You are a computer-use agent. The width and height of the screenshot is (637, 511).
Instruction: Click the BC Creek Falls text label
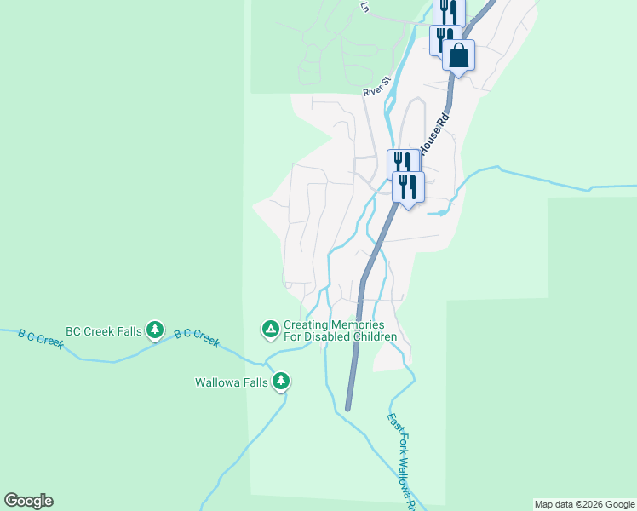pyautogui.click(x=104, y=330)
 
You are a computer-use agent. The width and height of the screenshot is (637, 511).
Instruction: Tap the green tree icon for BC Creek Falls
pyautogui.click(x=154, y=330)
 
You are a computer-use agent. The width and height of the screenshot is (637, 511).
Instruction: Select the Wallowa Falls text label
pyautogui.click(x=232, y=383)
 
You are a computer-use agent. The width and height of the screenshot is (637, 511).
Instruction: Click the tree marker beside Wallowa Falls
pyautogui.click(x=281, y=382)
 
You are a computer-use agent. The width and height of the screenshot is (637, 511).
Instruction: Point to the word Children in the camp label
pyautogui.click(x=370, y=336)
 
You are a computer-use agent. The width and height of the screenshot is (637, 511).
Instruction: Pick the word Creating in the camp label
pyautogui.click(x=304, y=325)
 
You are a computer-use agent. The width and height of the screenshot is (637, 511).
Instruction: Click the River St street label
pyautogui.click(x=376, y=86)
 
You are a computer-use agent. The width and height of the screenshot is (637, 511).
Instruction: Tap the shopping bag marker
pyautogui.click(x=458, y=56)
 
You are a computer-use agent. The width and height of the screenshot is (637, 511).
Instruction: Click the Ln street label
pyautogui.click(x=365, y=7)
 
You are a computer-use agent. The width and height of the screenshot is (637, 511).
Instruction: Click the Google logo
pyautogui.click(x=28, y=501)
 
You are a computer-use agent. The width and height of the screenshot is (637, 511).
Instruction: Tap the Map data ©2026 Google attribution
pyautogui.click(x=585, y=504)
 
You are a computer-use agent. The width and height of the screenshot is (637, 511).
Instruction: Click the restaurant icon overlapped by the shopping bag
pyautogui.click(x=444, y=37)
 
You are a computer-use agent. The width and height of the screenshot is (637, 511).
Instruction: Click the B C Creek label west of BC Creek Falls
pyautogui.click(x=41, y=339)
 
